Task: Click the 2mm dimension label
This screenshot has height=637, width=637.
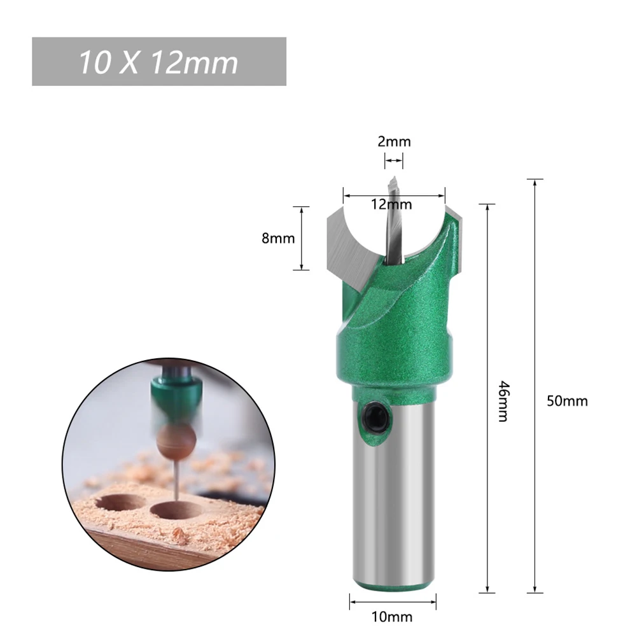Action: tap(394, 141)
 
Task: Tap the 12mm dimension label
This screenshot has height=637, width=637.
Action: tap(391, 204)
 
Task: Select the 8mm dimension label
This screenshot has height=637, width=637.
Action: tap(278, 239)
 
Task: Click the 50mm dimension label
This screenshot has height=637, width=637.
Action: tap(567, 402)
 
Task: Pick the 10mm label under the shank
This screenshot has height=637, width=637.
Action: tap(393, 617)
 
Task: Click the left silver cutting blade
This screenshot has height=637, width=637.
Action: tap(347, 245)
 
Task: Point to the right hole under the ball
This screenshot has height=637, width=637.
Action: tap(176, 510)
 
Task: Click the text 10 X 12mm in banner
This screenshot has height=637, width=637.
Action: tap(158, 62)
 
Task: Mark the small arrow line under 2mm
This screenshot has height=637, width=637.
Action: tap(394, 162)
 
